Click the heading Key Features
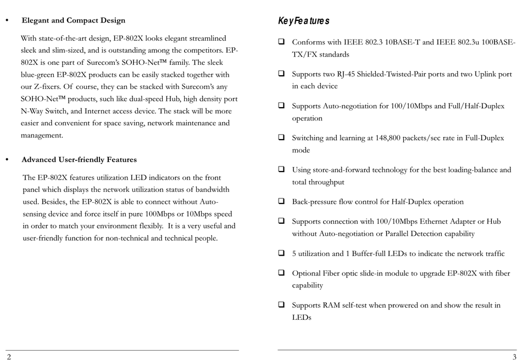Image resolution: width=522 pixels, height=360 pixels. [304, 21]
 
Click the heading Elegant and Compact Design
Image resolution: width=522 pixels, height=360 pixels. [73, 20]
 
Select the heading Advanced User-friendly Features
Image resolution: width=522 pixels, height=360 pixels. [79, 160]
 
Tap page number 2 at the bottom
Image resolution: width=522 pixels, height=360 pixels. [9, 356]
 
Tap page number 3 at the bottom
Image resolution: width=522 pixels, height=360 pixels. [514, 356]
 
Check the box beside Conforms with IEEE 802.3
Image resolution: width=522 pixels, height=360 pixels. [281, 41]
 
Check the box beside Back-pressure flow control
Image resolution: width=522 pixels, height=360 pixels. [281, 202]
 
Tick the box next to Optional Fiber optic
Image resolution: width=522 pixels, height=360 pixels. [281, 273]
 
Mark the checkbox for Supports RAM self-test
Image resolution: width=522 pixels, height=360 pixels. [281, 304]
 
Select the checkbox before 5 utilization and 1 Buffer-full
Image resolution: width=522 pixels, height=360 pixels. [281, 253]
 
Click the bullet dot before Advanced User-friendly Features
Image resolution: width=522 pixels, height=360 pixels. [7, 160]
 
